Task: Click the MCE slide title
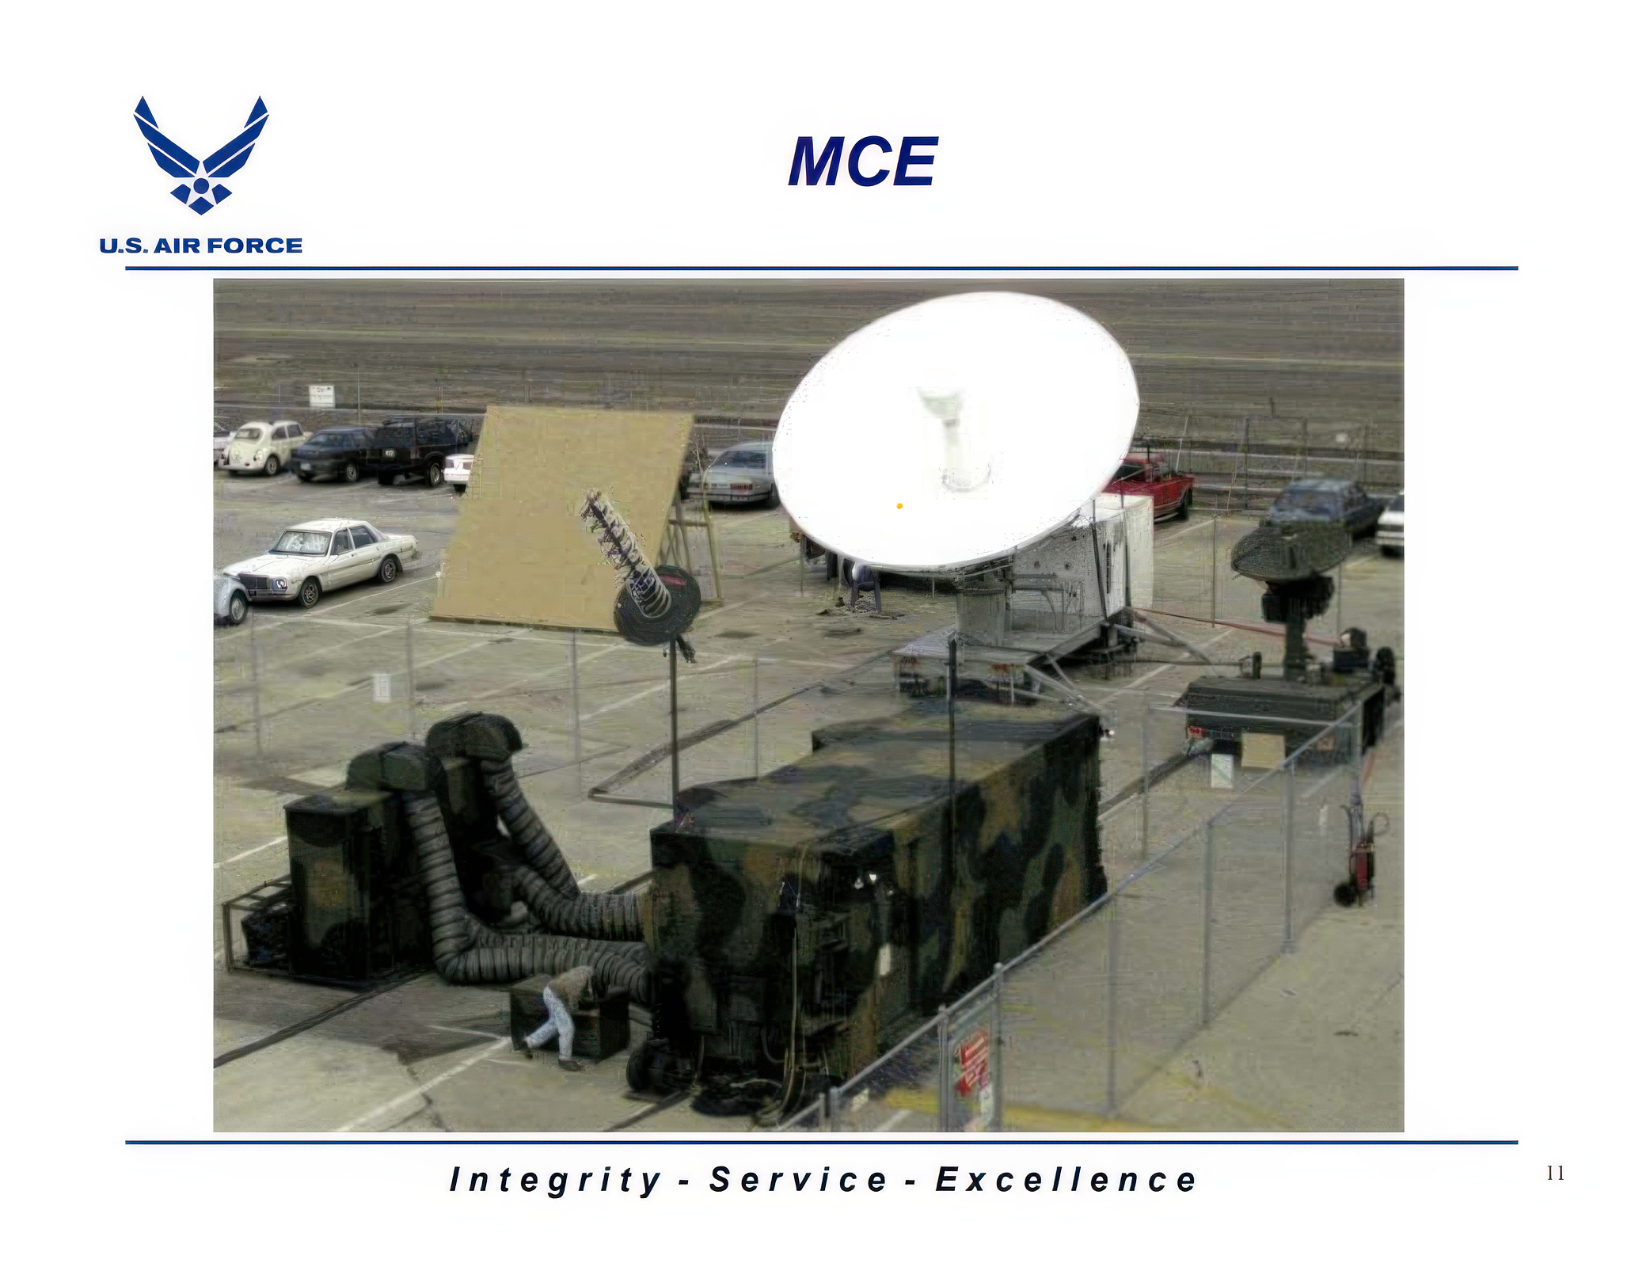[x=862, y=162]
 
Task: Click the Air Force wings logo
[x=201, y=155]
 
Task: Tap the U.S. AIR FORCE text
[x=201, y=245]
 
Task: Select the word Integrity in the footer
[x=555, y=1181]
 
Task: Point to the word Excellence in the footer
[x=1066, y=1180]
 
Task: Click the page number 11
[x=1555, y=1174]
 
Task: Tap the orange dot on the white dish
[x=899, y=506]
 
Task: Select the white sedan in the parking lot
[x=321, y=560]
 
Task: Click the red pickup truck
[x=1153, y=485]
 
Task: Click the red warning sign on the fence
[x=971, y=1062]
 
